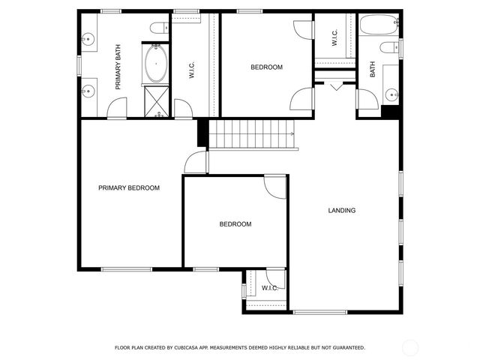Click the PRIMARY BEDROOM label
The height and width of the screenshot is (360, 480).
pyautogui.click(x=129, y=188)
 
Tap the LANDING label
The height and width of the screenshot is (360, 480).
pyautogui.click(x=342, y=211)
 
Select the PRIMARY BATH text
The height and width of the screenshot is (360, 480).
pyautogui.click(x=118, y=67)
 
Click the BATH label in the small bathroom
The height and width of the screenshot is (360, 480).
pyautogui.click(x=372, y=70)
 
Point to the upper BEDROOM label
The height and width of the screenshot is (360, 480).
pyautogui.click(x=266, y=67)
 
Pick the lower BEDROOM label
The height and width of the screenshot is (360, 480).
pyautogui.click(x=235, y=224)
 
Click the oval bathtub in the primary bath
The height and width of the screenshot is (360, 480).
pyautogui.click(x=157, y=63)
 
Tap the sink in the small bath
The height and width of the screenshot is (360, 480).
pyautogui.click(x=391, y=94)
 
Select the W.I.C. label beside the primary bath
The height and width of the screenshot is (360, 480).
pyautogui.click(x=192, y=70)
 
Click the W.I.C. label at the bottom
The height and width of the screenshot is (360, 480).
pyautogui.click(x=270, y=288)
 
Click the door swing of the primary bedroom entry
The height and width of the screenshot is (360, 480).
pyautogui.click(x=195, y=161)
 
